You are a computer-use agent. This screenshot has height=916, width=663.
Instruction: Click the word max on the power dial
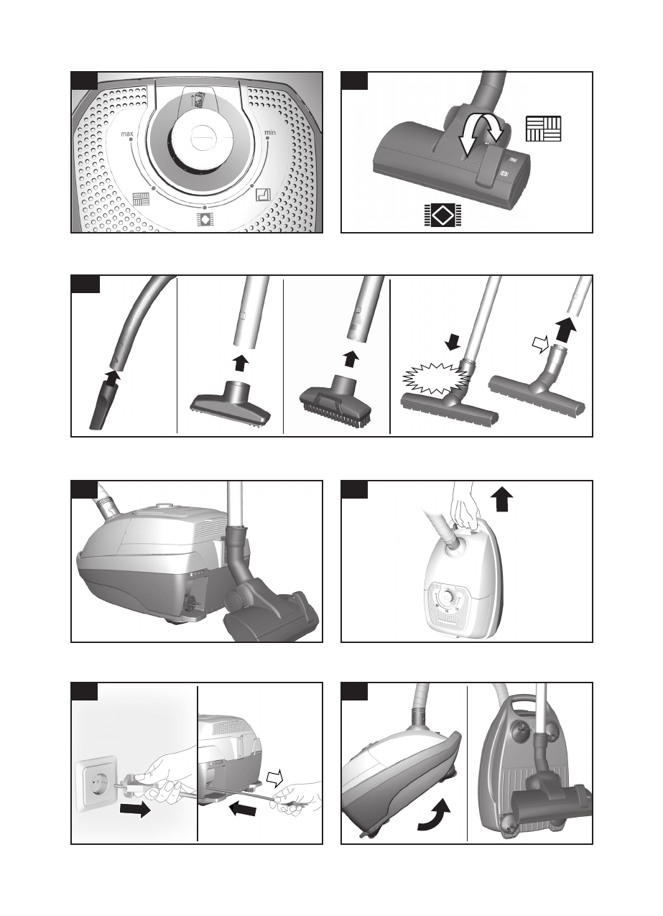click(x=128, y=134)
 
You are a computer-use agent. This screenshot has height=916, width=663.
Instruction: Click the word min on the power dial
click(x=270, y=132)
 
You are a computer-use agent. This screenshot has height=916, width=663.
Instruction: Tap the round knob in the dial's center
click(x=203, y=137)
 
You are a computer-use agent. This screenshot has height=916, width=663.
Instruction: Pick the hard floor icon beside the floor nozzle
click(x=543, y=129)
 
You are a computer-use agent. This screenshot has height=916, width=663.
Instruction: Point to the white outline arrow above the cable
click(x=276, y=777)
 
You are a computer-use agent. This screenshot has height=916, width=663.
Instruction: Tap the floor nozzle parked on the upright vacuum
click(x=543, y=790)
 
